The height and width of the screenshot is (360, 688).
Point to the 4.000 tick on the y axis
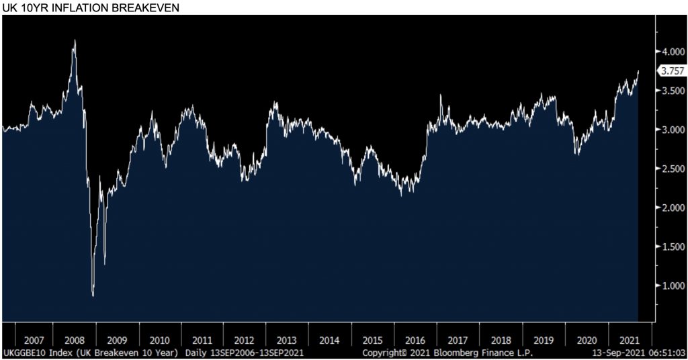point(672,52)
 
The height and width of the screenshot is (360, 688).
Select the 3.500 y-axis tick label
point(672,91)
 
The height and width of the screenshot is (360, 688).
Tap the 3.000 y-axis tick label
point(672,130)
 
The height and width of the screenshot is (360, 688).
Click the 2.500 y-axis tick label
point(672,169)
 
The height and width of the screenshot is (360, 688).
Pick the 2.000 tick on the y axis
point(672,208)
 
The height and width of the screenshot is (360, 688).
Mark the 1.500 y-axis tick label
point(672,247)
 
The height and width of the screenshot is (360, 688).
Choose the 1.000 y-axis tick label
point(672,286)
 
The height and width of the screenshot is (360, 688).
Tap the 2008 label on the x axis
point(74,339)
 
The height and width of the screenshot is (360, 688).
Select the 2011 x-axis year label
point(202,339)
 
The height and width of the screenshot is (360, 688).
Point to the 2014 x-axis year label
point(330,339)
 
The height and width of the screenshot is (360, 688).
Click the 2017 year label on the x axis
point(458,339)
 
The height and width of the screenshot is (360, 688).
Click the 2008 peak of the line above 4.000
point(75,41)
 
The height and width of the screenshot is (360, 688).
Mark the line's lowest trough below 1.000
point(93,295)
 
